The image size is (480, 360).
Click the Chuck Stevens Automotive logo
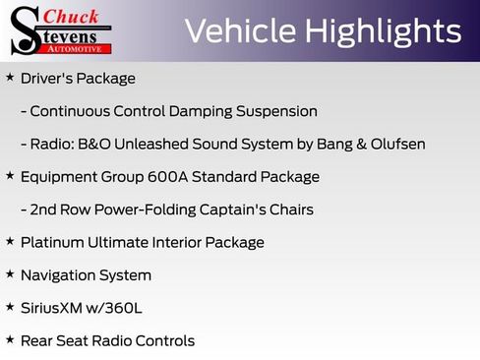pos(61,30)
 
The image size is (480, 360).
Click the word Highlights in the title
pos(383,31)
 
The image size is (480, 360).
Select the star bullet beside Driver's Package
pos(10,77)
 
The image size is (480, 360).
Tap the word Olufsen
pos(393,145)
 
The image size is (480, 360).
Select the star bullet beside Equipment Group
pos(10,175)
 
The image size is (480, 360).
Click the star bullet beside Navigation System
pos(10,273)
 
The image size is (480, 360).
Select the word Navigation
pos(60,275)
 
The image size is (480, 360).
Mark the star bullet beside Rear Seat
pos(10,339)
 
